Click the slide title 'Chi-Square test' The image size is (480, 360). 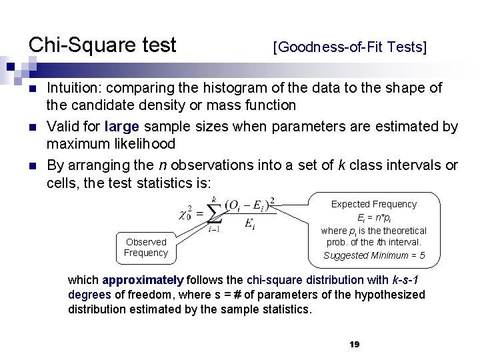click(x=102, y=45)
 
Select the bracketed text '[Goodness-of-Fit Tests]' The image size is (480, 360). click(x=350, y=47)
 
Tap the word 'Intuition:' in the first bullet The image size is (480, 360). click(x=75, y=88)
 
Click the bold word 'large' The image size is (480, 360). click(x=139, y=127)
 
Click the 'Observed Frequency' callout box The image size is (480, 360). click(x=145, y=247)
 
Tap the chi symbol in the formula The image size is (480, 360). click(x=185, y=213)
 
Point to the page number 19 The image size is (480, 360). click(x=354, y=344)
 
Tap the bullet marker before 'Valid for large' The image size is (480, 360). click(x=32, y=127)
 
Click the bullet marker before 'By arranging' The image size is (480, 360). click(x=32, y=166)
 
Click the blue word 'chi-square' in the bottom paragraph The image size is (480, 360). click(x=271, y=280)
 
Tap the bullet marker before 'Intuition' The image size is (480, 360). click(x=32, y=89)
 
